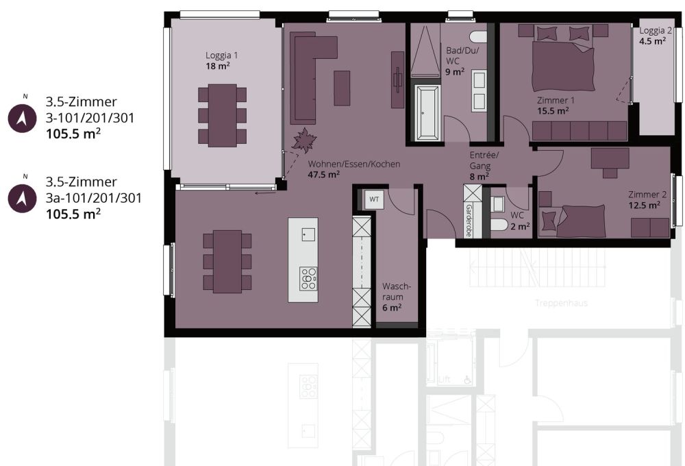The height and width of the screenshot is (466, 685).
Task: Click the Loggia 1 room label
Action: [222, 55]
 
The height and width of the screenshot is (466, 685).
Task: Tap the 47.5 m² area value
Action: [324, 175]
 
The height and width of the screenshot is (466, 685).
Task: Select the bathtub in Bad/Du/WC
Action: [428, 113]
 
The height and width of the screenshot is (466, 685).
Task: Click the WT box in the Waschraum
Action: [374, 199]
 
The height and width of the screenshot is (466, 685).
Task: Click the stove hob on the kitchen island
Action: [308, 279]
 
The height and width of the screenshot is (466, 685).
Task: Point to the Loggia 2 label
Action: [656, 31]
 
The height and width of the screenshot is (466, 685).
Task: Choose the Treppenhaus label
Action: [562, 302]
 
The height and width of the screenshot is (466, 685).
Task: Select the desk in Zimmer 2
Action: [610, 158]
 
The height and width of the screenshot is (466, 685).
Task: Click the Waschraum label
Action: [397, 291]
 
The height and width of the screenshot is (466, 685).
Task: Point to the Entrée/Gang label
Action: [484, 160]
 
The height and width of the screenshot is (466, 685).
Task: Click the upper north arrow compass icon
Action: [21, 118]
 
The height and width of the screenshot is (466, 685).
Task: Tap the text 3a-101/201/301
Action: [94, 198]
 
